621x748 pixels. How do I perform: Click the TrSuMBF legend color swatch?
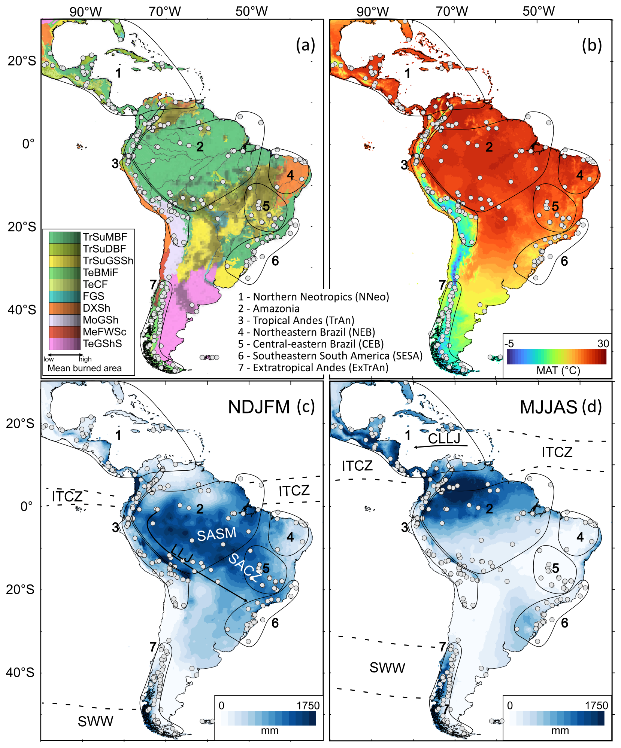coord(64,237)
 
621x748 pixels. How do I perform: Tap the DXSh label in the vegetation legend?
coord(96,308)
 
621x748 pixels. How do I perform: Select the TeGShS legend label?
coord(102,344)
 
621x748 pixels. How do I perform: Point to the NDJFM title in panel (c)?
coord(259,407)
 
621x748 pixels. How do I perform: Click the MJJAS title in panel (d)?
coord(548,407)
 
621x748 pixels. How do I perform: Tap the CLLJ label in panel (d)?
coord(444,438)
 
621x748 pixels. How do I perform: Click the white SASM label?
coord(216,534)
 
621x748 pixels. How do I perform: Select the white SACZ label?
coord(245,568)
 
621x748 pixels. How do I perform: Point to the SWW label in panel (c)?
coord(95,721)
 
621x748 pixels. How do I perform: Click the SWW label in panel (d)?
coord(387,668)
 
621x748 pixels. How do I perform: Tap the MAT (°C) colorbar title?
coord(558,370)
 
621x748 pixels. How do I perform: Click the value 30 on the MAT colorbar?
coord(603,344)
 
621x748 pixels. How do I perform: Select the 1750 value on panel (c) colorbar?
coord(308,706)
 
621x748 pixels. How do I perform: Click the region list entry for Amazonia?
coord(269,309)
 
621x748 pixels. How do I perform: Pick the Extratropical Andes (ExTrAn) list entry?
coord(313,367)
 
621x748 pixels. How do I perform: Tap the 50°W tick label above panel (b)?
coord(539,11)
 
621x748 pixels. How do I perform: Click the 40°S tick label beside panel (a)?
coord(22,310)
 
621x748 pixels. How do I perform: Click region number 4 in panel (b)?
coord(579,175)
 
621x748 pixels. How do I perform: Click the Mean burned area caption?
coord(85,368)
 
